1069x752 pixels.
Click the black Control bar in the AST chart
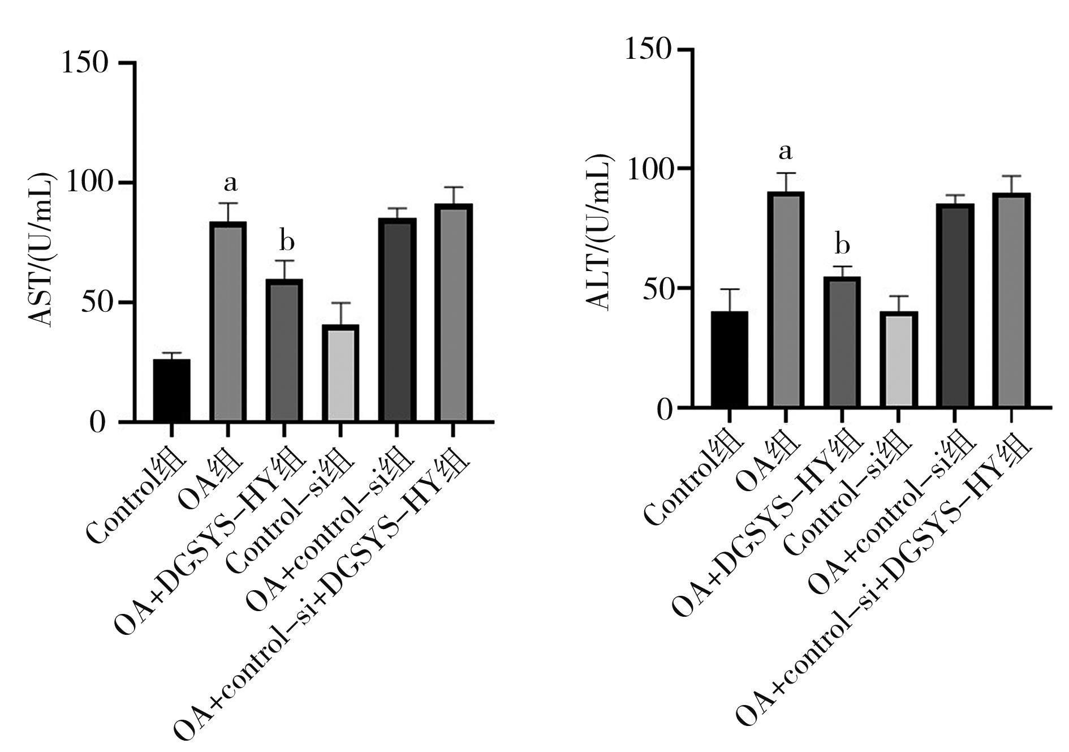coord(171,390)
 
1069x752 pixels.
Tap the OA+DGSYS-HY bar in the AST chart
coord(284,350)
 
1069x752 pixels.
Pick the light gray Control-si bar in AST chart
coord(340,373)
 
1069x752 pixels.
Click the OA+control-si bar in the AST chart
coord(396,320)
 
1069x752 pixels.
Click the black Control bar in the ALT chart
coord(729,359)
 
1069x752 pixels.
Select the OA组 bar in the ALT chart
coord(786,299)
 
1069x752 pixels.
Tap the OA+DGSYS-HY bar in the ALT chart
coord(842,342)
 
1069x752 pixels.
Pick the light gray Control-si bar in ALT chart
coord(898,359)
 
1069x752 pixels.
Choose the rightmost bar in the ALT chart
coord(1011,300)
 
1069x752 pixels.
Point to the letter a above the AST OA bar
coord(230,183)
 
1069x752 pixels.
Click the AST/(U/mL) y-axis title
coord(43,248)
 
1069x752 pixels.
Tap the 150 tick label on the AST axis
coord(85,62)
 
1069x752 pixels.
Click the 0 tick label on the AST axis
coord(98,423)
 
